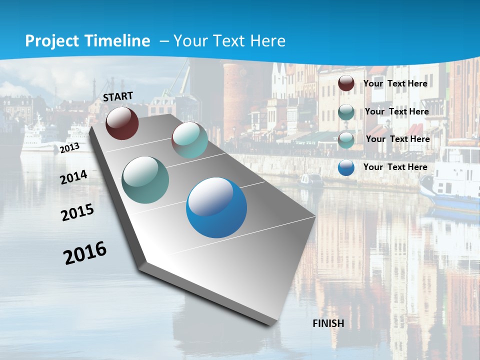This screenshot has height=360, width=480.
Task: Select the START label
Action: coord(118,96)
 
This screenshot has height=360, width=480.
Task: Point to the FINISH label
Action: coord(328,323)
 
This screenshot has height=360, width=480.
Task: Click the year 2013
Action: coord(69,148)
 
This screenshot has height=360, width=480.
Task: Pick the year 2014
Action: coord(74,177)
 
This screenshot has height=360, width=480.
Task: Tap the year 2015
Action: coord(77,212)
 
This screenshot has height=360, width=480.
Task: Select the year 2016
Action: coord(85,253)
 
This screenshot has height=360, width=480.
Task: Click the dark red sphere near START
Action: coord(122,123)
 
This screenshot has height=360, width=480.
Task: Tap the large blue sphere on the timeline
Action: coord(216,207)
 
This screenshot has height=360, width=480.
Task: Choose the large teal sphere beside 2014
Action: coord(145,180)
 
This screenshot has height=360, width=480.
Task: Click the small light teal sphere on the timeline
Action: coord(189,140)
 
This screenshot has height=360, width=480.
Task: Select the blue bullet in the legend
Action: coord(346,167)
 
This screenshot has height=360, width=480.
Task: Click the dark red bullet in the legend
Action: coord(346,83)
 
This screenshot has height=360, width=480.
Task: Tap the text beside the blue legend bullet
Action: coord(395,167)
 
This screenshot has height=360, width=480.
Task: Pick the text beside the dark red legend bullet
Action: coord(395,83)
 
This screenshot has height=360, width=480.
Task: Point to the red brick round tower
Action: coord(239,90)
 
